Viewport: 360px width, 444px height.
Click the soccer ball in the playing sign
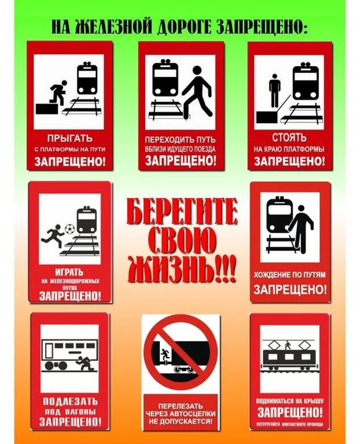coord(69,229)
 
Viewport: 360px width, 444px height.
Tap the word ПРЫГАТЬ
coord(70,138)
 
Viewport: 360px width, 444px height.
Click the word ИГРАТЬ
coord(69,272)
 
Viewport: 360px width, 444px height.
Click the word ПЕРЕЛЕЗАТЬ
coord(180,406)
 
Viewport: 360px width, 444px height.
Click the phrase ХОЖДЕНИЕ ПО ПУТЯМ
coord(289,274)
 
